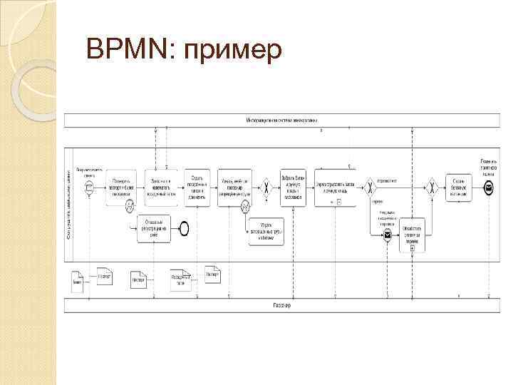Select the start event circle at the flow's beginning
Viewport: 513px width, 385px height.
[x=89, y=188]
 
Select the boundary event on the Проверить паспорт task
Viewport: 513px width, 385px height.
[x=130, y=207]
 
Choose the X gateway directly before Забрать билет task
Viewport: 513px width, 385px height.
[x=267, y=188]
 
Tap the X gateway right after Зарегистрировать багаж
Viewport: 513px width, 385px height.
[x=370, y=188]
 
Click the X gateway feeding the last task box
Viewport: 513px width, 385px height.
[x=432, y=188]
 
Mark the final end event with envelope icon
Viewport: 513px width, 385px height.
[x=488, y=188]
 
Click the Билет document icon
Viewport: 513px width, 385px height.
[x=78, y=280]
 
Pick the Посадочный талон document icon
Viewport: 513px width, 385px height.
[x=180, y=280]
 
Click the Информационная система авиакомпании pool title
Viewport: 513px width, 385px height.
[x=283, y=119]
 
